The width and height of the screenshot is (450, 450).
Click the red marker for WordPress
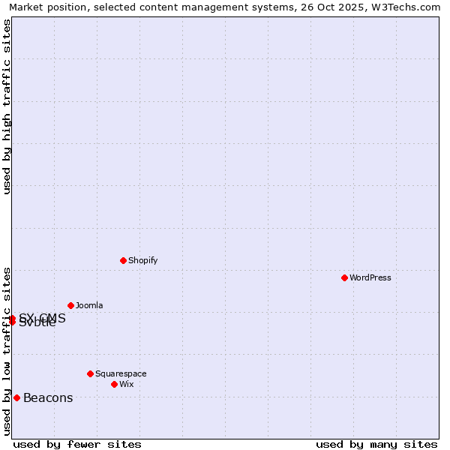point(344,277)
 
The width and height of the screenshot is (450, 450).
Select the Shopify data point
point(123,260)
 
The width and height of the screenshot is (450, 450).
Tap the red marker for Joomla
point(70,305)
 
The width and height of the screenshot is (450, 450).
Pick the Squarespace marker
point(90,373)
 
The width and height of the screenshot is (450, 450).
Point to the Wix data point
point(114,384)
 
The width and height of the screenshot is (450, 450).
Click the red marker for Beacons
point(16,397)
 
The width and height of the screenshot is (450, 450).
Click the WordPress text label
point(370,277)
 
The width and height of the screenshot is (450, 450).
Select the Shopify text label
point(142,260)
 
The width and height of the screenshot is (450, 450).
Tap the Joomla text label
point(89,305)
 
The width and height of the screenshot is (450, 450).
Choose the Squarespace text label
point(121,373)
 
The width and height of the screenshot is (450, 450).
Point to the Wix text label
point(127,384)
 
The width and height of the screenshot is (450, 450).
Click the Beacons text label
point(48,398)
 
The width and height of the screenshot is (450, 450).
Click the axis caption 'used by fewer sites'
point(77,444)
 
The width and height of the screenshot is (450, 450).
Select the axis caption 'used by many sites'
point(376,444)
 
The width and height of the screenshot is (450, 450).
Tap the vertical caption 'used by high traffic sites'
point(7,106)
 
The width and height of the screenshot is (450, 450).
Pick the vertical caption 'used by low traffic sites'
point(7,351)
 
